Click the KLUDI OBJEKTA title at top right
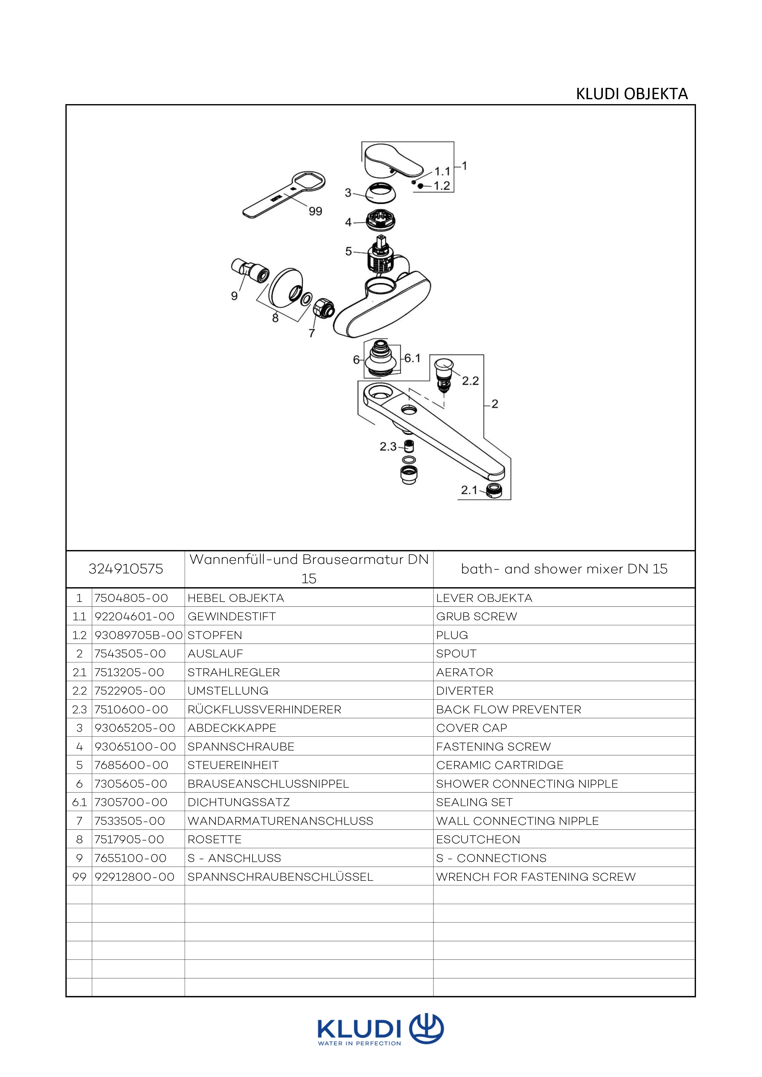click(631, 94)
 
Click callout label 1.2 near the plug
click(442, 186)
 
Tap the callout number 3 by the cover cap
click(348, 193)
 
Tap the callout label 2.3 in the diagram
click(388, 447)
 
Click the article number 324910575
click(126, 569)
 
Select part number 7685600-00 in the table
click(132, 765)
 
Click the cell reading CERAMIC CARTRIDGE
click(499, 765)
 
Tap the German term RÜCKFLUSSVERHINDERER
click(264, 709)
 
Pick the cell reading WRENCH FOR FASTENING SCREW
click(535, 877)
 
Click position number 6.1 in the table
click(79, 802)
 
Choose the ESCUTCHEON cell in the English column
click(478, 839)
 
